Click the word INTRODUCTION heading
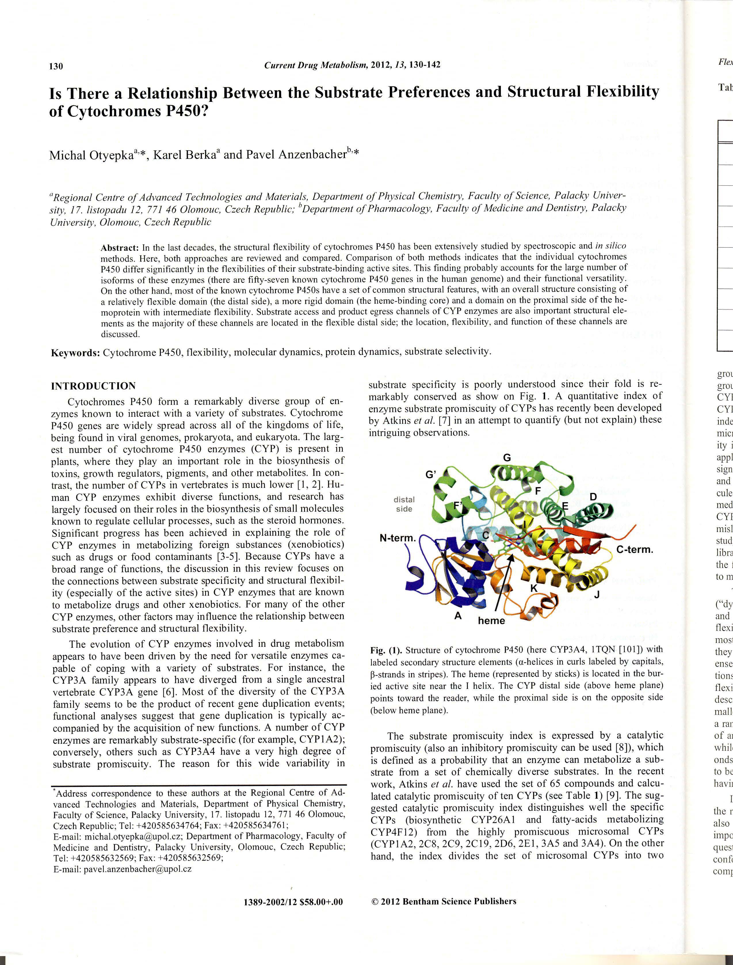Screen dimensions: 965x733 click(x=93, y=386)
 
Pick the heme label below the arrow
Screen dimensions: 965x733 click(x=491, y=620)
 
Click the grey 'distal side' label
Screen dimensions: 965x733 click(x=404, y=504)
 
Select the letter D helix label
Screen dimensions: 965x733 click(x=593, y=497)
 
